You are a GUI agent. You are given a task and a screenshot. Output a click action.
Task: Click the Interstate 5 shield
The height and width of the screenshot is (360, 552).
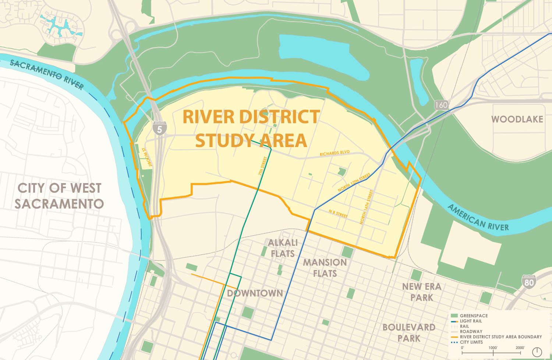pyautogui.click(x=159, y=128)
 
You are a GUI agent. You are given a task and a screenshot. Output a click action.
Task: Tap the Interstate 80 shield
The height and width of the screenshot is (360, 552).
pyautogui.click(x=529, y=281)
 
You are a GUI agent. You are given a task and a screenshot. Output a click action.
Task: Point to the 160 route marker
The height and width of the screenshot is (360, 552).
pyautogui.click(x=441, y=105)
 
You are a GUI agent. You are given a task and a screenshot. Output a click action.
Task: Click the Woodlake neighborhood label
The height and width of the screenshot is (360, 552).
pyautogui.click(x=517, y=119)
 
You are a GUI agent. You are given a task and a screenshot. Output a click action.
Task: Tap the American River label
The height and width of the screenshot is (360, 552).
pyautogui.click(x=478, y=218)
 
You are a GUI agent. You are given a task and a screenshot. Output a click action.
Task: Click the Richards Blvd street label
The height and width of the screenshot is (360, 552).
pyautogui.click(x=335, y=153)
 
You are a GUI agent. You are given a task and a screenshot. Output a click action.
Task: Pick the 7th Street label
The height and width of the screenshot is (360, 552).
pyautogui.click(x=262, y=166)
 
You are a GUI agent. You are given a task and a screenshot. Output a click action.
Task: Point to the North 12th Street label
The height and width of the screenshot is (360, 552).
pyautogui.click(x=354, y=183)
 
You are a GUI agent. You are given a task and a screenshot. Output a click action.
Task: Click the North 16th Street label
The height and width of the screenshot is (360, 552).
pyautogui.click(x=366, y=207)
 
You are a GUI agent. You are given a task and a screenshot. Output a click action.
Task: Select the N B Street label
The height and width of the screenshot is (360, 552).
pyautogui.click(x=338, y=214)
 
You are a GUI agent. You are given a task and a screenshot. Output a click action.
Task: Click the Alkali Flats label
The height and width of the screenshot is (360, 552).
pyautogui.click(x=283, y=248)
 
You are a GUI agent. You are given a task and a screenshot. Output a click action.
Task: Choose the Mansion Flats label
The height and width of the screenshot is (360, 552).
pyautogui.click(x=325, y=268)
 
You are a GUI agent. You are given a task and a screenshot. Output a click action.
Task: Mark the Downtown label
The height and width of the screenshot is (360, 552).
pyautogui.click(x=255, y=293)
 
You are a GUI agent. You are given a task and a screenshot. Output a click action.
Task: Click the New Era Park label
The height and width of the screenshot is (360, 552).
pyautogui.click(x=421, y=292)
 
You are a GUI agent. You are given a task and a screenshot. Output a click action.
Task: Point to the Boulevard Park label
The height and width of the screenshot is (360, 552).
pyautogui.click(x=409, y=332)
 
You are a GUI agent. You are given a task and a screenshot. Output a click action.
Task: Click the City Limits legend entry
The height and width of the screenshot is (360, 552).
pyautogui.click(x=471, y=342)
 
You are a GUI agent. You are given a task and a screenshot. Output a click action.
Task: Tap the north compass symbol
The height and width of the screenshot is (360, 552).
pyautogui.click(x=537, y=352)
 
